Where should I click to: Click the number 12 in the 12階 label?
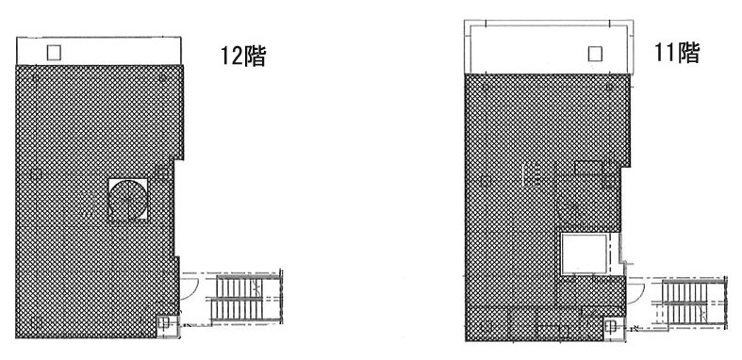pyautogui.click(x=230, y=57)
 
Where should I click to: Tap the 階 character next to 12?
pyautogui.click(x=254, y=57)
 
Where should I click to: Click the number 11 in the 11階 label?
pyautogui.click(x=666, y=53)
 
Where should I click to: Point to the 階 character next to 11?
pyautogui.click(x=688, y=53)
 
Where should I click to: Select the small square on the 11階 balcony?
pyautogui.click(x=594, y=54)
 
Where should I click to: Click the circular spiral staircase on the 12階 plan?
pyautogui.click(x=128, y=199)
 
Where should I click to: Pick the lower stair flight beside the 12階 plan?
pyautogui.click(x=244, y=311)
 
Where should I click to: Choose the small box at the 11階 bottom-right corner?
pyautogui.click(x=611, y=327)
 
